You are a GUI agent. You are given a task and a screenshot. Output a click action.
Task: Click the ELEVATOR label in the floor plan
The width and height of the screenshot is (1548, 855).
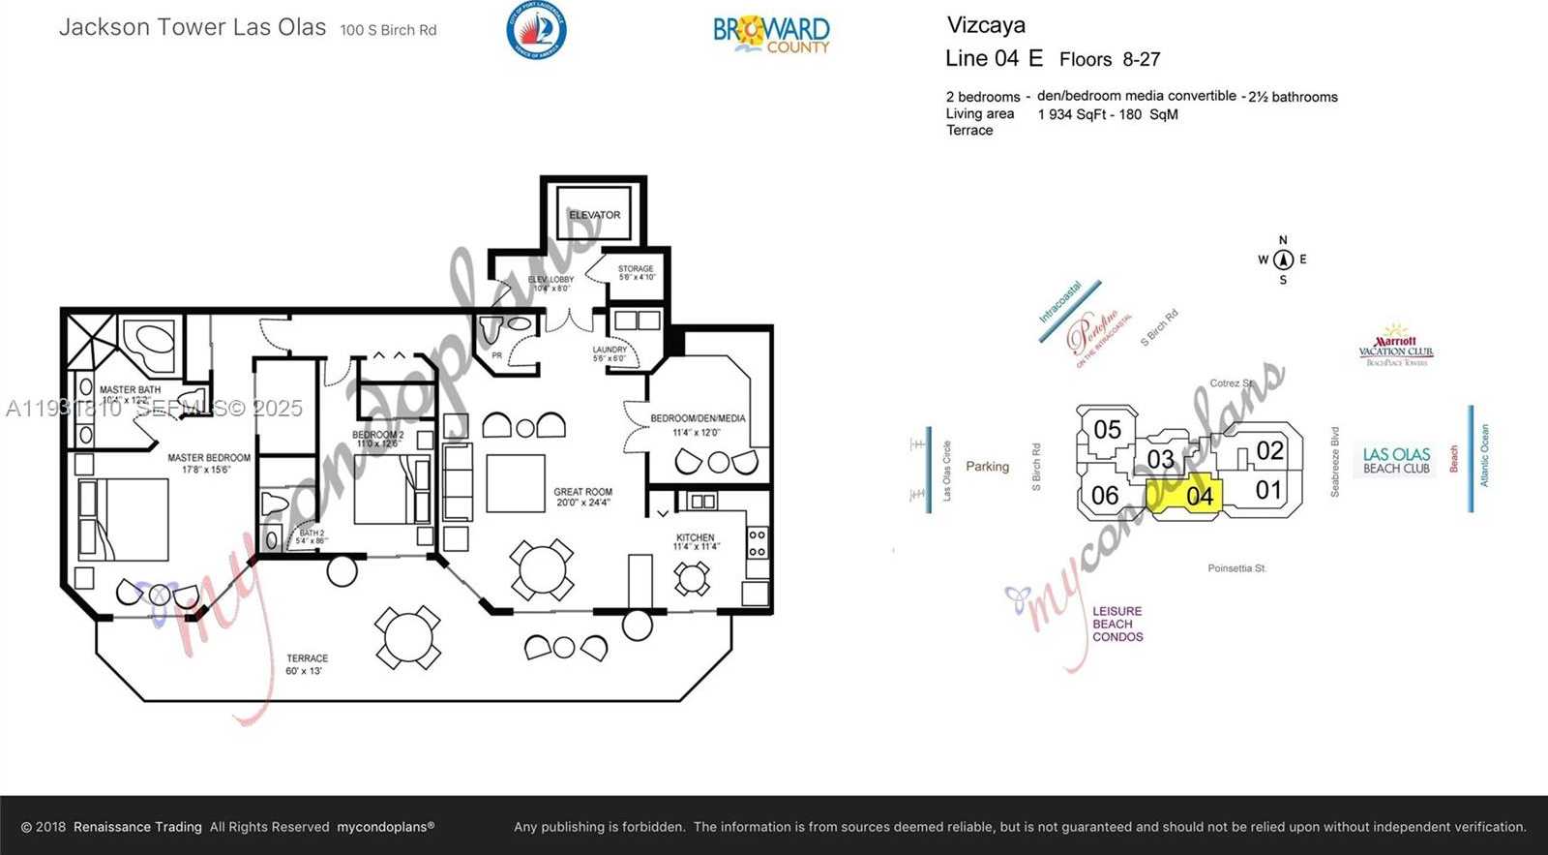click(x=594, y=215)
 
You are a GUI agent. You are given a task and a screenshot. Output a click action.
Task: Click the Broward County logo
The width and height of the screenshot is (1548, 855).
click(x=771, y=34)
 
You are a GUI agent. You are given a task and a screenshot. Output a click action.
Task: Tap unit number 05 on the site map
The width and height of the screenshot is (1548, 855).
click(x=1108, y=429)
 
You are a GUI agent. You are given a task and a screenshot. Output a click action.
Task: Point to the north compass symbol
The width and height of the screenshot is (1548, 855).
click(x=1283, y=260)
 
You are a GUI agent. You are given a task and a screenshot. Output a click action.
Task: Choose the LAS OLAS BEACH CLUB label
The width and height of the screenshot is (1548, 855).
click(x=1396, y=460)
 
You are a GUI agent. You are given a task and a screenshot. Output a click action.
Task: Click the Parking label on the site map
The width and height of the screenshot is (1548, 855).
click(x=987, y=467)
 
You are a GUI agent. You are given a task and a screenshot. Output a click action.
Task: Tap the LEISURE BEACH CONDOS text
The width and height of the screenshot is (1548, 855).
click(x=1117, y=624)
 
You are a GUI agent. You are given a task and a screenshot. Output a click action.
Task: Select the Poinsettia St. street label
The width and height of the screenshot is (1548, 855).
click(x=1236, y=568)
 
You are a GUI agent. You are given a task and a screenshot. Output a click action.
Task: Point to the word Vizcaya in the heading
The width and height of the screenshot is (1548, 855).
click(x=986, y=25)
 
